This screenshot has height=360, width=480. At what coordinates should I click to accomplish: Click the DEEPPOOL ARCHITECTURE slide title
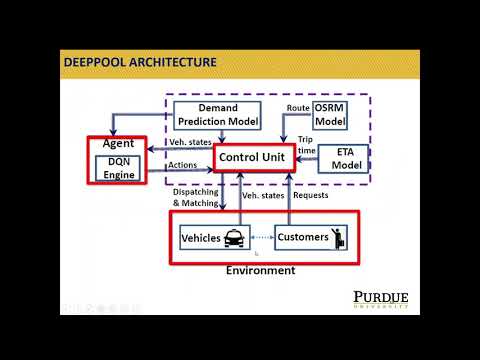pyautogui.click(x=140, y=62)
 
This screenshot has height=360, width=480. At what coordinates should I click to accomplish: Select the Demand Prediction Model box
pyautogui.click(x=216, y=115)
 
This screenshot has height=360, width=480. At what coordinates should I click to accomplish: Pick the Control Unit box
pyautogui.click(x=251, y=157)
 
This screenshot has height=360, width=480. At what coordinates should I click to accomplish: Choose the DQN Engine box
pyautogui.click(x=119, y=167)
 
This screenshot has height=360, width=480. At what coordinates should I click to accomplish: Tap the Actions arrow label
pyautogui.click(x=183, y=166)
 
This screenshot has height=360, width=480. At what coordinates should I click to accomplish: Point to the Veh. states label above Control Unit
pyautogui.click(x=189, y=142)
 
